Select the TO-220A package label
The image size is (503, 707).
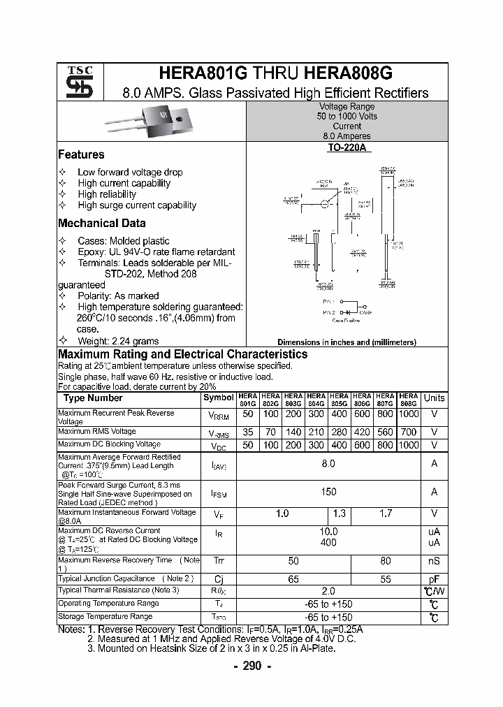(x=347, y=148)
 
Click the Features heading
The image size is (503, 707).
(x=81, y=155)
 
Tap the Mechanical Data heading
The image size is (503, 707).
(x=102, y=224)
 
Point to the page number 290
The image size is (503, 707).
(x=251, y=666)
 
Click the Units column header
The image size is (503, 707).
(x=434, y=398)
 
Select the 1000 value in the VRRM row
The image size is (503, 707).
(x=408, y=414)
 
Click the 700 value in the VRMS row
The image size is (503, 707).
(x=408, y=432)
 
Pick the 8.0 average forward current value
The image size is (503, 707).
(x=328, y=464)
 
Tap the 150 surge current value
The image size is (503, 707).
(x=328, y=492)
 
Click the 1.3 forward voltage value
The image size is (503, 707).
(x=340, y=513)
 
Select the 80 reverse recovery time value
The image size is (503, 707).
(x=385, y=560)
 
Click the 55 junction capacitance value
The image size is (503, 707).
(x=385, y=579)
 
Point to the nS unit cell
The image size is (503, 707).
(x=434, y=560)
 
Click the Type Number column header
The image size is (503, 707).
(x=93, y=398)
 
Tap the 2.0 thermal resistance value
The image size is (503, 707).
(x=328, y=591)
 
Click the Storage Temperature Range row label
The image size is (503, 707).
(x=105, y=617)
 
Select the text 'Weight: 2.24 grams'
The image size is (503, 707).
(x=118, y=341)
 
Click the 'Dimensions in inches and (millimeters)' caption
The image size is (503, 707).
(x=347, y=342)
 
